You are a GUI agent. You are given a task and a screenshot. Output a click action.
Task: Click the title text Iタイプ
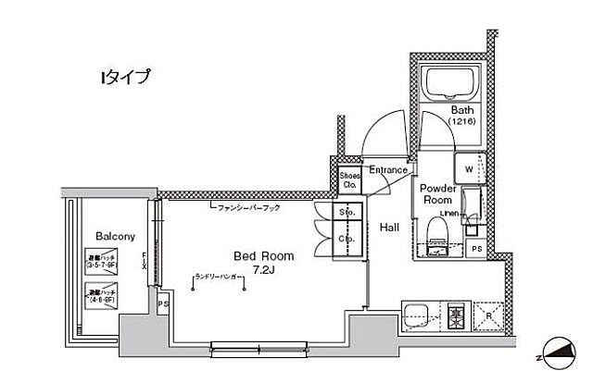tap(124, 78)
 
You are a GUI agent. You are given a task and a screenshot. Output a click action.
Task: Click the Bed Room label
tap(263, 256)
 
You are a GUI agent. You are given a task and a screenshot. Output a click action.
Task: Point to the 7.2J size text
tap(264, 270)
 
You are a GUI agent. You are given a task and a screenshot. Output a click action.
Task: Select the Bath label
tap(462, 109)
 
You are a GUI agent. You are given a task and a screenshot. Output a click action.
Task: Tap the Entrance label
tap(388, 170)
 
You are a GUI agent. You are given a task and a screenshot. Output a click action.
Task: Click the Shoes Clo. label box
tap(349, 179)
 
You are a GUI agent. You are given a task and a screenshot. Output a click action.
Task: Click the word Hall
tap(389, 227)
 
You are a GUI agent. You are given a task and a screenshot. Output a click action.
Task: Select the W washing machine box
tap(468, 171)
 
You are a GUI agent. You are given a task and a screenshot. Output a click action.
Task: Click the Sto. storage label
tap(322, 213)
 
